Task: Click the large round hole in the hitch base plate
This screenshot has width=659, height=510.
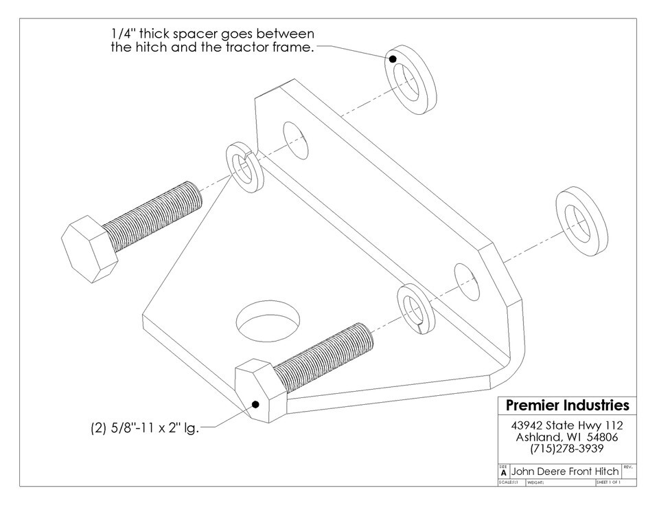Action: [268, 319]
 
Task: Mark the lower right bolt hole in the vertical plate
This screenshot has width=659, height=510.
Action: [466, 281]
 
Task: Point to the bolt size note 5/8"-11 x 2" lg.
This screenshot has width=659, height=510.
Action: [144, 428]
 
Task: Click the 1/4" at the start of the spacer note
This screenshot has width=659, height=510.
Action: [123, 34]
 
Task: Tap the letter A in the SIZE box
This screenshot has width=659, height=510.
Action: [505, 473]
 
